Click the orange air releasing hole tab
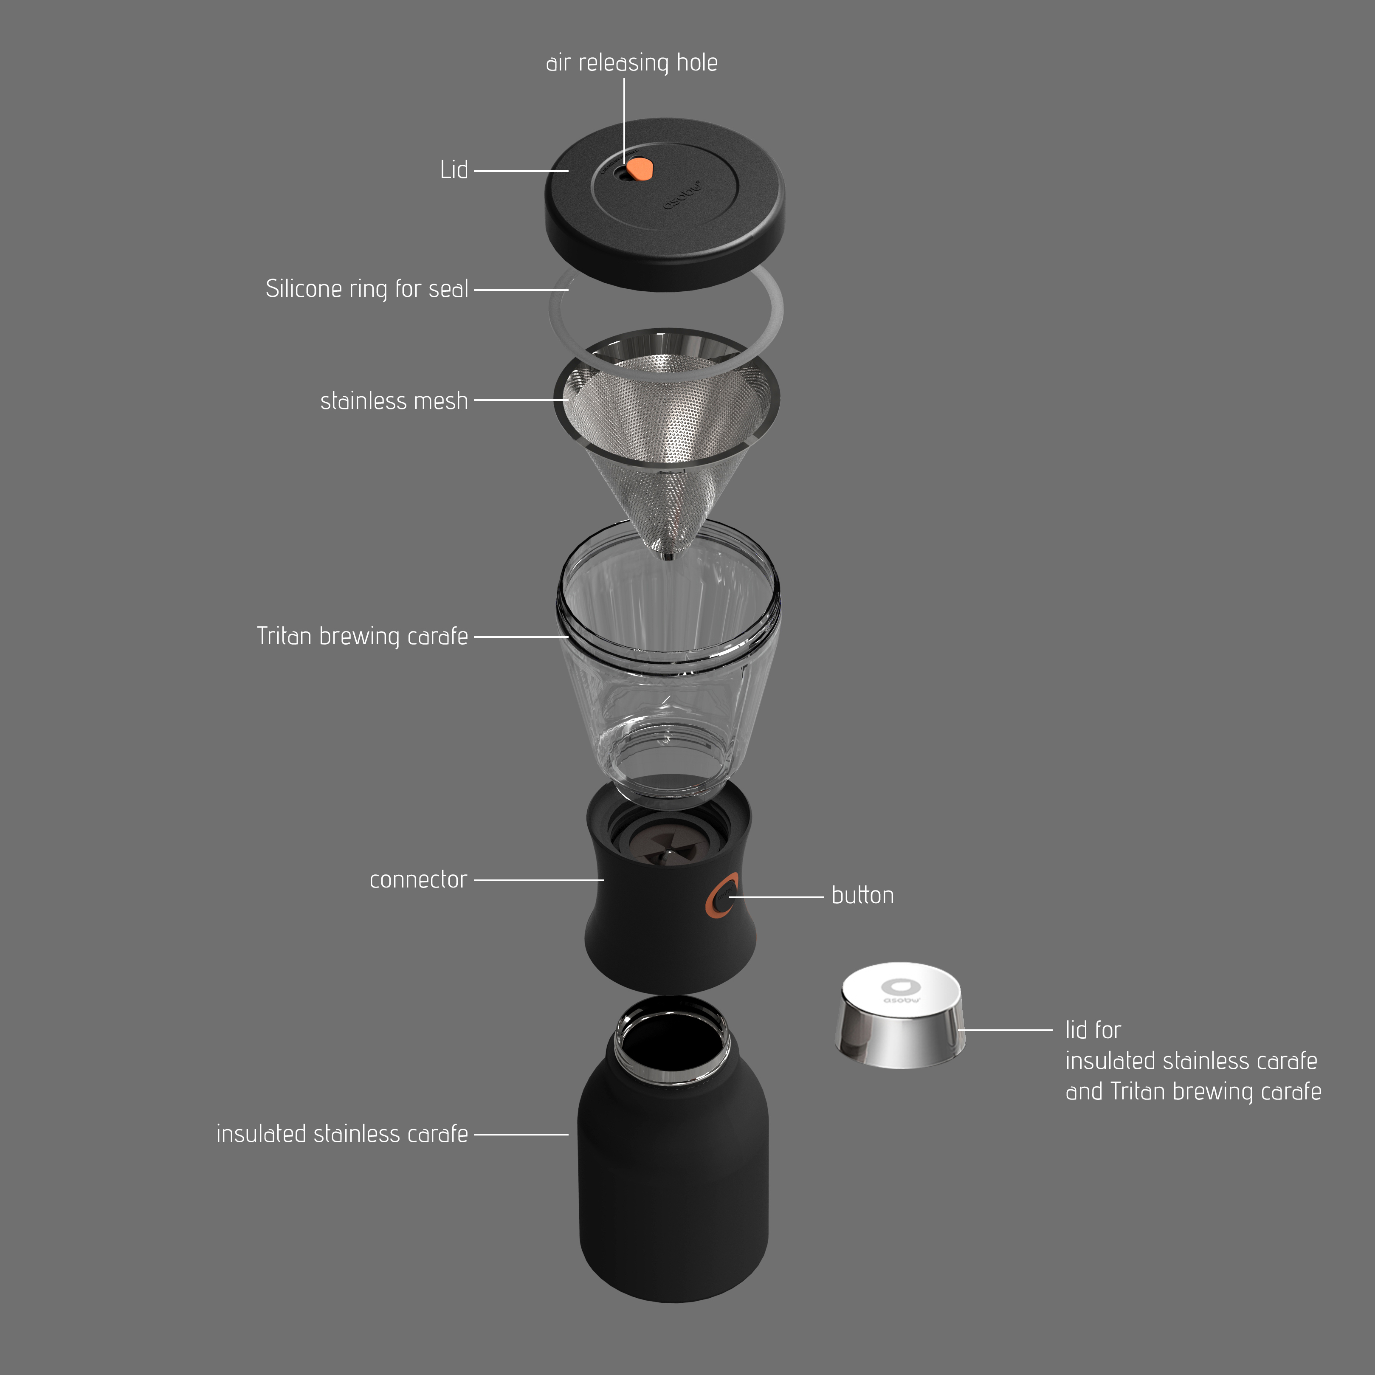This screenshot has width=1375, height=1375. point(640,169)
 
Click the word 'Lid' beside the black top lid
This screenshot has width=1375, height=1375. point(454,170)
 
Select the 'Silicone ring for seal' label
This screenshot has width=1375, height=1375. point(366,289)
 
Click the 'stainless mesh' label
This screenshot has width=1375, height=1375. point(394,401)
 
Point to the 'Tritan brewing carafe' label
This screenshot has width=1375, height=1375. point(362,636)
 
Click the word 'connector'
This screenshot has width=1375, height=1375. point(418,880)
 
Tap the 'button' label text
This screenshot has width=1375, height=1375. point(862,895)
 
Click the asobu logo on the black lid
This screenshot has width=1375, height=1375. point(682,195)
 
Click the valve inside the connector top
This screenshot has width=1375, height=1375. point(669,851)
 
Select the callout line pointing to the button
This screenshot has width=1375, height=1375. point(776,897)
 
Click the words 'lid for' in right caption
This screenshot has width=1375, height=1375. point(1093,1030)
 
